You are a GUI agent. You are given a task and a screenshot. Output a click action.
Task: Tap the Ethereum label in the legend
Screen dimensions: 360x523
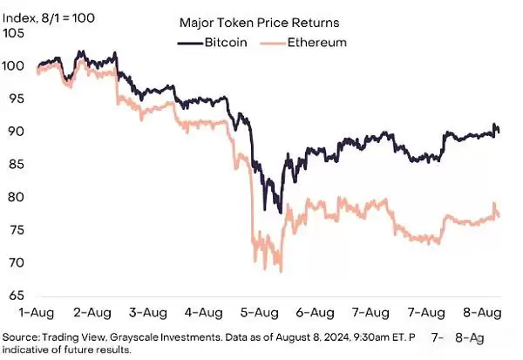click(x=317, y=41)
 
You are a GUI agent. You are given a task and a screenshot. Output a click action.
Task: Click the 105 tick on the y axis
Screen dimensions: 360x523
click(x=15, y=33)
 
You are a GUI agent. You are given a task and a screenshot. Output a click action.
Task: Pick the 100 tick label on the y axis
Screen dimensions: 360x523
click(x=15, y=66)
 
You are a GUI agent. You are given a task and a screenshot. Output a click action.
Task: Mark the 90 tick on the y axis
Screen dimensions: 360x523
click(x=15, y=132)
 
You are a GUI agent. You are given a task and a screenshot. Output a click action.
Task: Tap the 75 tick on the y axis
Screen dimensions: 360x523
click(x=15, y=230)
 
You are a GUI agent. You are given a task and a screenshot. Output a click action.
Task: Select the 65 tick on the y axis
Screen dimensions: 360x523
click(x=15, y=295)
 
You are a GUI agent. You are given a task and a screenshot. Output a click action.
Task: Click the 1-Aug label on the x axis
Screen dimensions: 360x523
click(x=37, y=311)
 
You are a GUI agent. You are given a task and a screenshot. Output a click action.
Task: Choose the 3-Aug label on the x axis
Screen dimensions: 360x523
click(x=146, y=311)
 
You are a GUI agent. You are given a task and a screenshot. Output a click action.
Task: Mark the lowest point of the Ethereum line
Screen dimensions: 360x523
click(x=281, y=271)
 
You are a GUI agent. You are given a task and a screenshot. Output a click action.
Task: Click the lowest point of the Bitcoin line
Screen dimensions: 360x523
click(x=280, y=213)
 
